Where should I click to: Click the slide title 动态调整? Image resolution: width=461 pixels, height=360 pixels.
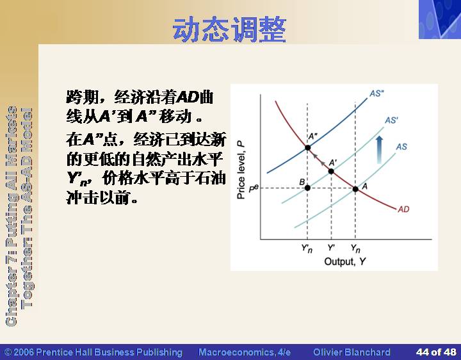coord(229,30)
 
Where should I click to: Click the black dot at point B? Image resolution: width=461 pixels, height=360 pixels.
coord(307,188)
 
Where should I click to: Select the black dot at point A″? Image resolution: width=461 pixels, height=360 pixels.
coord(307,147)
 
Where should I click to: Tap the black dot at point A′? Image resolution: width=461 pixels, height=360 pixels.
coord(331,171)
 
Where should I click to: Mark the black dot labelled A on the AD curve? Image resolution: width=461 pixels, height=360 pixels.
coord(355,189)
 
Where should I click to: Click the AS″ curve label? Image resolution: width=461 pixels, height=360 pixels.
coord(377,94)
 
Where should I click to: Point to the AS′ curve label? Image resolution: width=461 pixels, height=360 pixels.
coord(392,120)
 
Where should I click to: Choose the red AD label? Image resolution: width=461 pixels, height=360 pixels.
coord(403,209)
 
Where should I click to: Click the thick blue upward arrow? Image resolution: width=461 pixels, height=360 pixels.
coord(380,150)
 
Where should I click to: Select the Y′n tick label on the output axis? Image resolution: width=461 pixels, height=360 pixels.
coord(307,249)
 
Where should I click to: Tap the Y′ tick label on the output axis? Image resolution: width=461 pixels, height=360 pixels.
coord(331,248)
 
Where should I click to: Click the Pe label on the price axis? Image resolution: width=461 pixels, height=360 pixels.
coord(254,188)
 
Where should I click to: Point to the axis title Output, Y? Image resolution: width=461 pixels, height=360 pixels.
coord(345,261)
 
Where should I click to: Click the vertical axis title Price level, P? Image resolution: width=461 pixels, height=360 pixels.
coord(241,170)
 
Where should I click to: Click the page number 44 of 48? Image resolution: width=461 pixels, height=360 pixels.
coord(436,352)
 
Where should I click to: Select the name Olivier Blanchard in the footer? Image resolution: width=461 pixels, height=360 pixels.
coord(352,352)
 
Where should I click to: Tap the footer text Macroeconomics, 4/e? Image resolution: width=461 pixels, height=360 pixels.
coord(245,352)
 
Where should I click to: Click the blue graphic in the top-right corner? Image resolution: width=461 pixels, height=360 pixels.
coord(440,19)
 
